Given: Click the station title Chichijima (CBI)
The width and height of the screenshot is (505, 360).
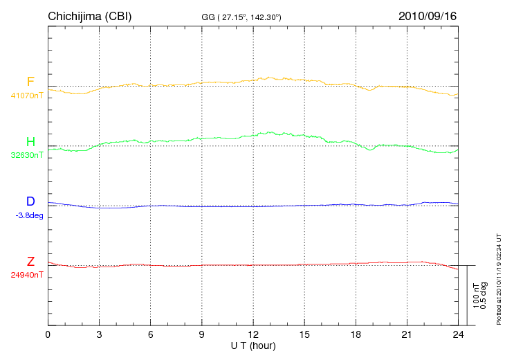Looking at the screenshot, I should (x=89, y=15).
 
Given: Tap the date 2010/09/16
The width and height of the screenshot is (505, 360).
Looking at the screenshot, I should (x=427, y=15).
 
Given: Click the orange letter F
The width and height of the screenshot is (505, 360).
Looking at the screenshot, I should (x=30, y=82).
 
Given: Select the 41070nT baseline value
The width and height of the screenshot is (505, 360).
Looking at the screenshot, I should (x=27, y=96).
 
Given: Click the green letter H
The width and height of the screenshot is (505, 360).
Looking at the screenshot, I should (x=30, y=142).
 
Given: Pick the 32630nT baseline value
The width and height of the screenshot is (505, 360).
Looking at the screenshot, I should (x=27, y=155).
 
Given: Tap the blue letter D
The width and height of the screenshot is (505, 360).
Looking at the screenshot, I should (x=30, y=201).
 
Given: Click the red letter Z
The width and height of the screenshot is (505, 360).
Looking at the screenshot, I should (x=30, y=262).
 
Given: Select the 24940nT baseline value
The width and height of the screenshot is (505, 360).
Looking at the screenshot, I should (x=27, y=275).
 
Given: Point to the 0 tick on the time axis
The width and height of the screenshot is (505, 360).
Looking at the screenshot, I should (x=48, y=334).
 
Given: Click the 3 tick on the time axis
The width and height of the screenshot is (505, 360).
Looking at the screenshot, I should (x=99, y=334).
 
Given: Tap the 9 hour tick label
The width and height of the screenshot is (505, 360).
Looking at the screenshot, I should (x=201, y=334).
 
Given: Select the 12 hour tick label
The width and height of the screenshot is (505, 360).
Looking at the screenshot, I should (x=252, y=334).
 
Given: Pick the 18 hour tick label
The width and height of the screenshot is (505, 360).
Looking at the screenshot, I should (x=356, y=334).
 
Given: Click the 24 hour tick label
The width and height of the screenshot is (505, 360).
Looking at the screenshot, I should (x=458, y=334).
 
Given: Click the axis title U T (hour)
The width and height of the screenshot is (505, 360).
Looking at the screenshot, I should (x=253, y=345).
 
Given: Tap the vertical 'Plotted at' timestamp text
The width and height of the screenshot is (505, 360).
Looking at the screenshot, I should (x=498, y=278).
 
